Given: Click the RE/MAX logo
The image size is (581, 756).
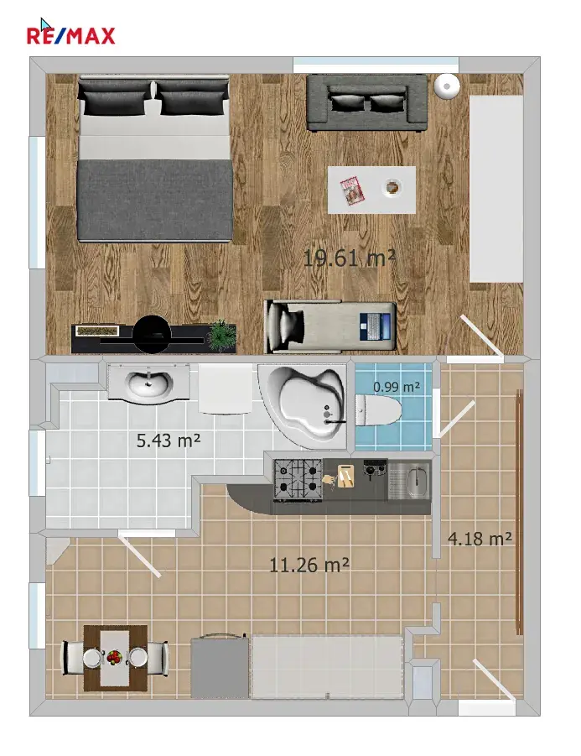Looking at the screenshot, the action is [x=70, y=36].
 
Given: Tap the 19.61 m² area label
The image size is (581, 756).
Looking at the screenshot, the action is [x=350, y=258].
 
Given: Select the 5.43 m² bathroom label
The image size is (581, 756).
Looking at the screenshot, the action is [x=169, y=441].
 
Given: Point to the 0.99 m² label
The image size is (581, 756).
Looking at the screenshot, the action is [x=397, y=387].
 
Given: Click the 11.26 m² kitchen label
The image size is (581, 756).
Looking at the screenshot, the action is [x=309, y=565].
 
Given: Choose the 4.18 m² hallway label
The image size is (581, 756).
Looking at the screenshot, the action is [x=480, y=539].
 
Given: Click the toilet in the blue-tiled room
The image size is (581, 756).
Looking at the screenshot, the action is [x=379, y=409].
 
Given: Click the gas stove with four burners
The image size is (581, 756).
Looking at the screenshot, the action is [x=298, y=479].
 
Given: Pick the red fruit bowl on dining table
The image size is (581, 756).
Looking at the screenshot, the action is [x=114, y=656].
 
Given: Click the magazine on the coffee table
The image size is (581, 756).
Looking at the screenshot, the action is [x=352, y=190].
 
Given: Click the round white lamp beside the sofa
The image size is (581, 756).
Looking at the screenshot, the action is [x=447, y=86].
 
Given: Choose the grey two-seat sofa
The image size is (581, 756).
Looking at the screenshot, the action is [x=367, y=102].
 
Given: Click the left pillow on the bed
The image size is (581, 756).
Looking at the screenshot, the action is [x=114, y=98].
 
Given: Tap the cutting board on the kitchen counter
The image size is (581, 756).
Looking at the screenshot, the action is [x=345, y=476].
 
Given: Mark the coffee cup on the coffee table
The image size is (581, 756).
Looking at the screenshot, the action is [x=392, y=186].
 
